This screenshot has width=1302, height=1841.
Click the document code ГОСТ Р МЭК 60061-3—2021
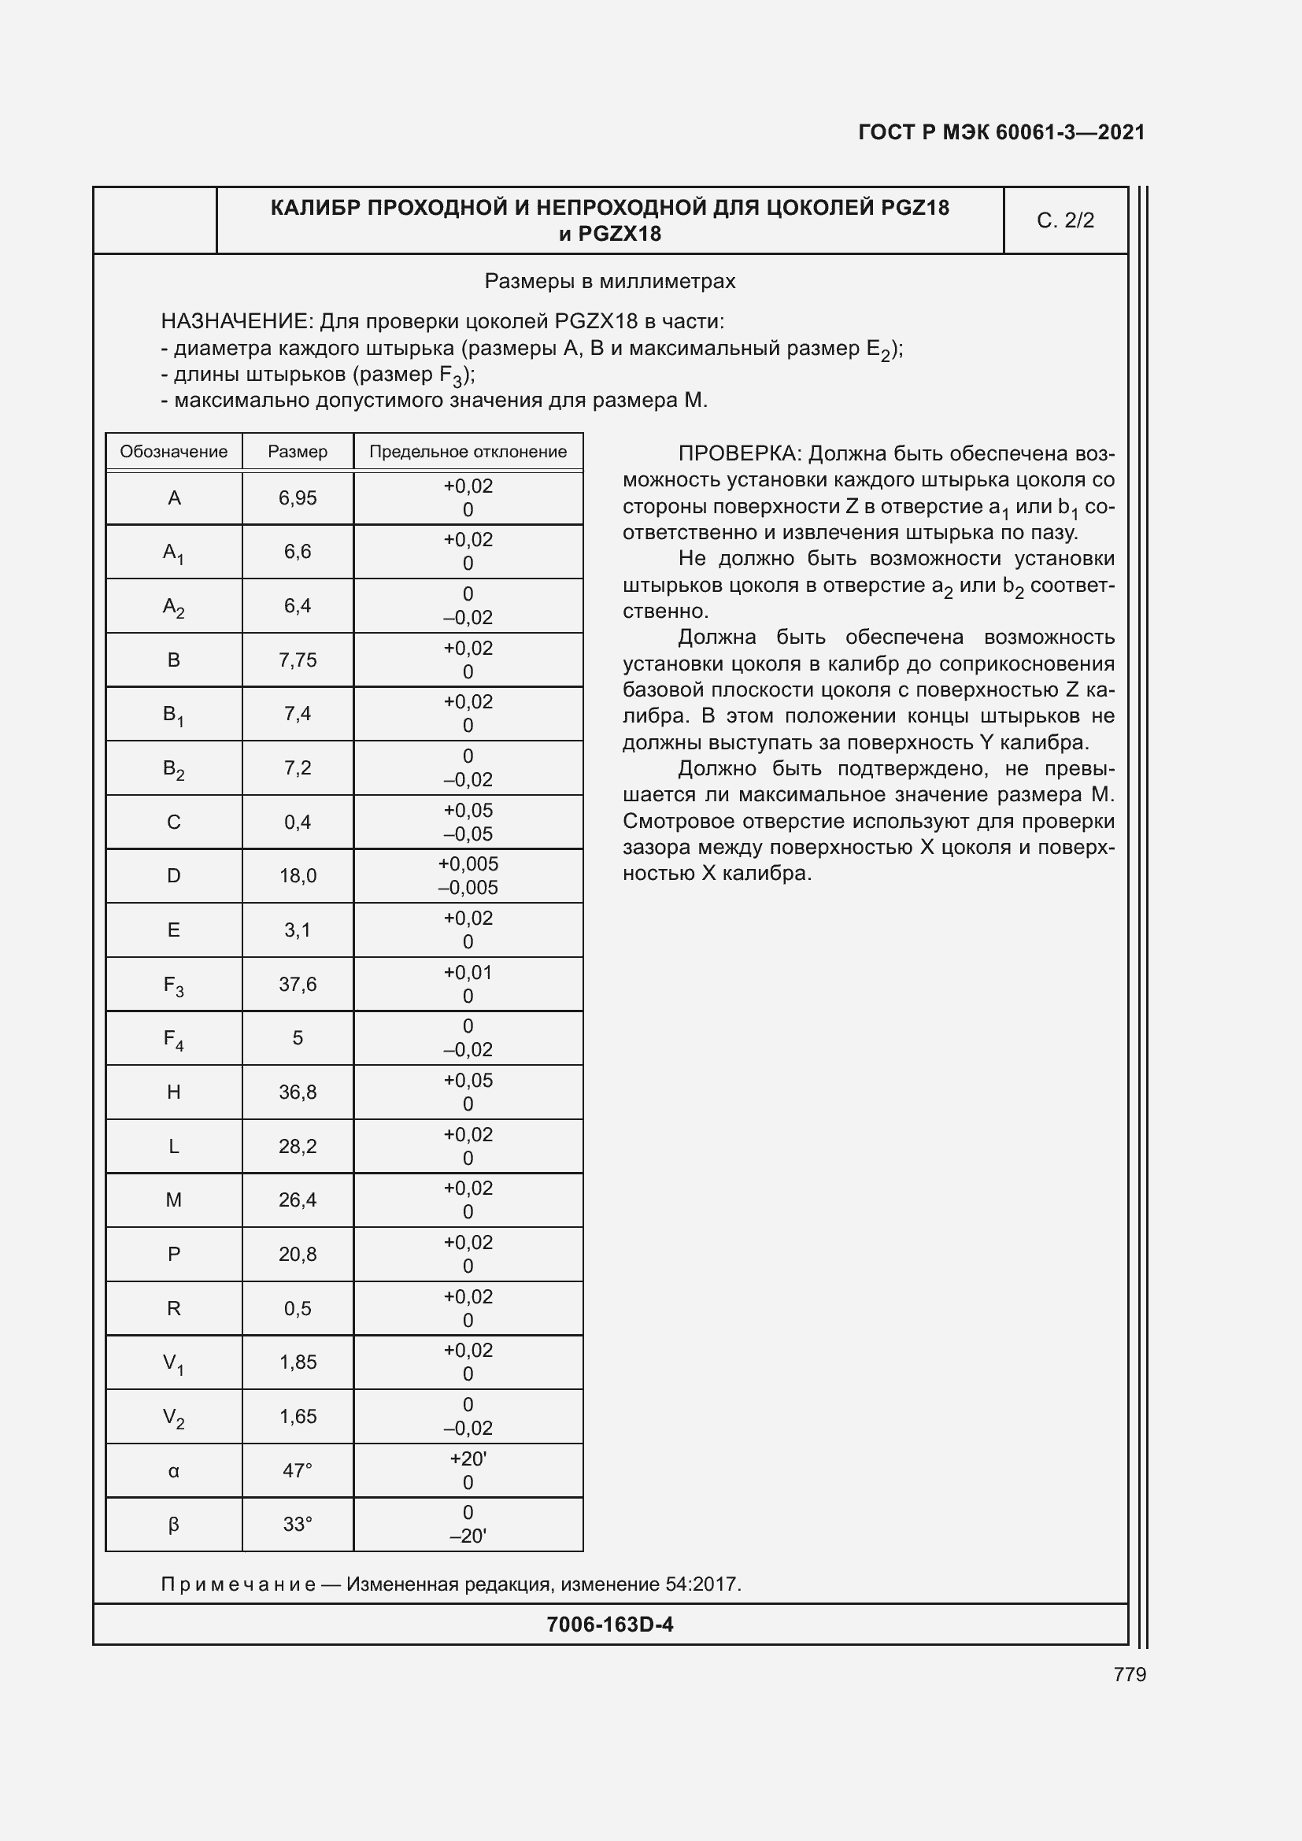(1001, 132)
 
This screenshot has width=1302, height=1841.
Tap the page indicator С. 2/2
(1065, 220)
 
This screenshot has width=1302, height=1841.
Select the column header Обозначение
(173, 452)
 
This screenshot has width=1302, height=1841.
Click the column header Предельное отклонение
(468, 452)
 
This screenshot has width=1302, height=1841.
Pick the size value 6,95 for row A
(298, 498)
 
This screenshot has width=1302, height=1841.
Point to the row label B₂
(173, 768)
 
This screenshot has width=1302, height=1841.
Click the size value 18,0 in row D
(298, 875)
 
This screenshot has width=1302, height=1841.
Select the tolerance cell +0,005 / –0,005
(468, 875)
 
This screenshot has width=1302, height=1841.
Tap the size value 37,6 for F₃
(298, 984)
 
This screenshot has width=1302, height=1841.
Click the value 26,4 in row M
(298, 1200)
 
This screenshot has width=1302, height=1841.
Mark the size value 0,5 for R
(298, 1308)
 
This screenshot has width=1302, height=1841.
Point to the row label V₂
(173, 1417)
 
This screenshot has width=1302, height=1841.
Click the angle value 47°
(298, 1470)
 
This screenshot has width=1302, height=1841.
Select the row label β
(173, 1525)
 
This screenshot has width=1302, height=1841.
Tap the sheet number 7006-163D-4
(609, 1624)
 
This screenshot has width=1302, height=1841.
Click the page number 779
(1129, 1674)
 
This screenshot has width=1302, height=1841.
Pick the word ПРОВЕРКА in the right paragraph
(738, 454)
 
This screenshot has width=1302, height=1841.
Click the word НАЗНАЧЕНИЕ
(235, 322)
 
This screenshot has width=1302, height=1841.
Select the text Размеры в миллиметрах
(609, 282)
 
